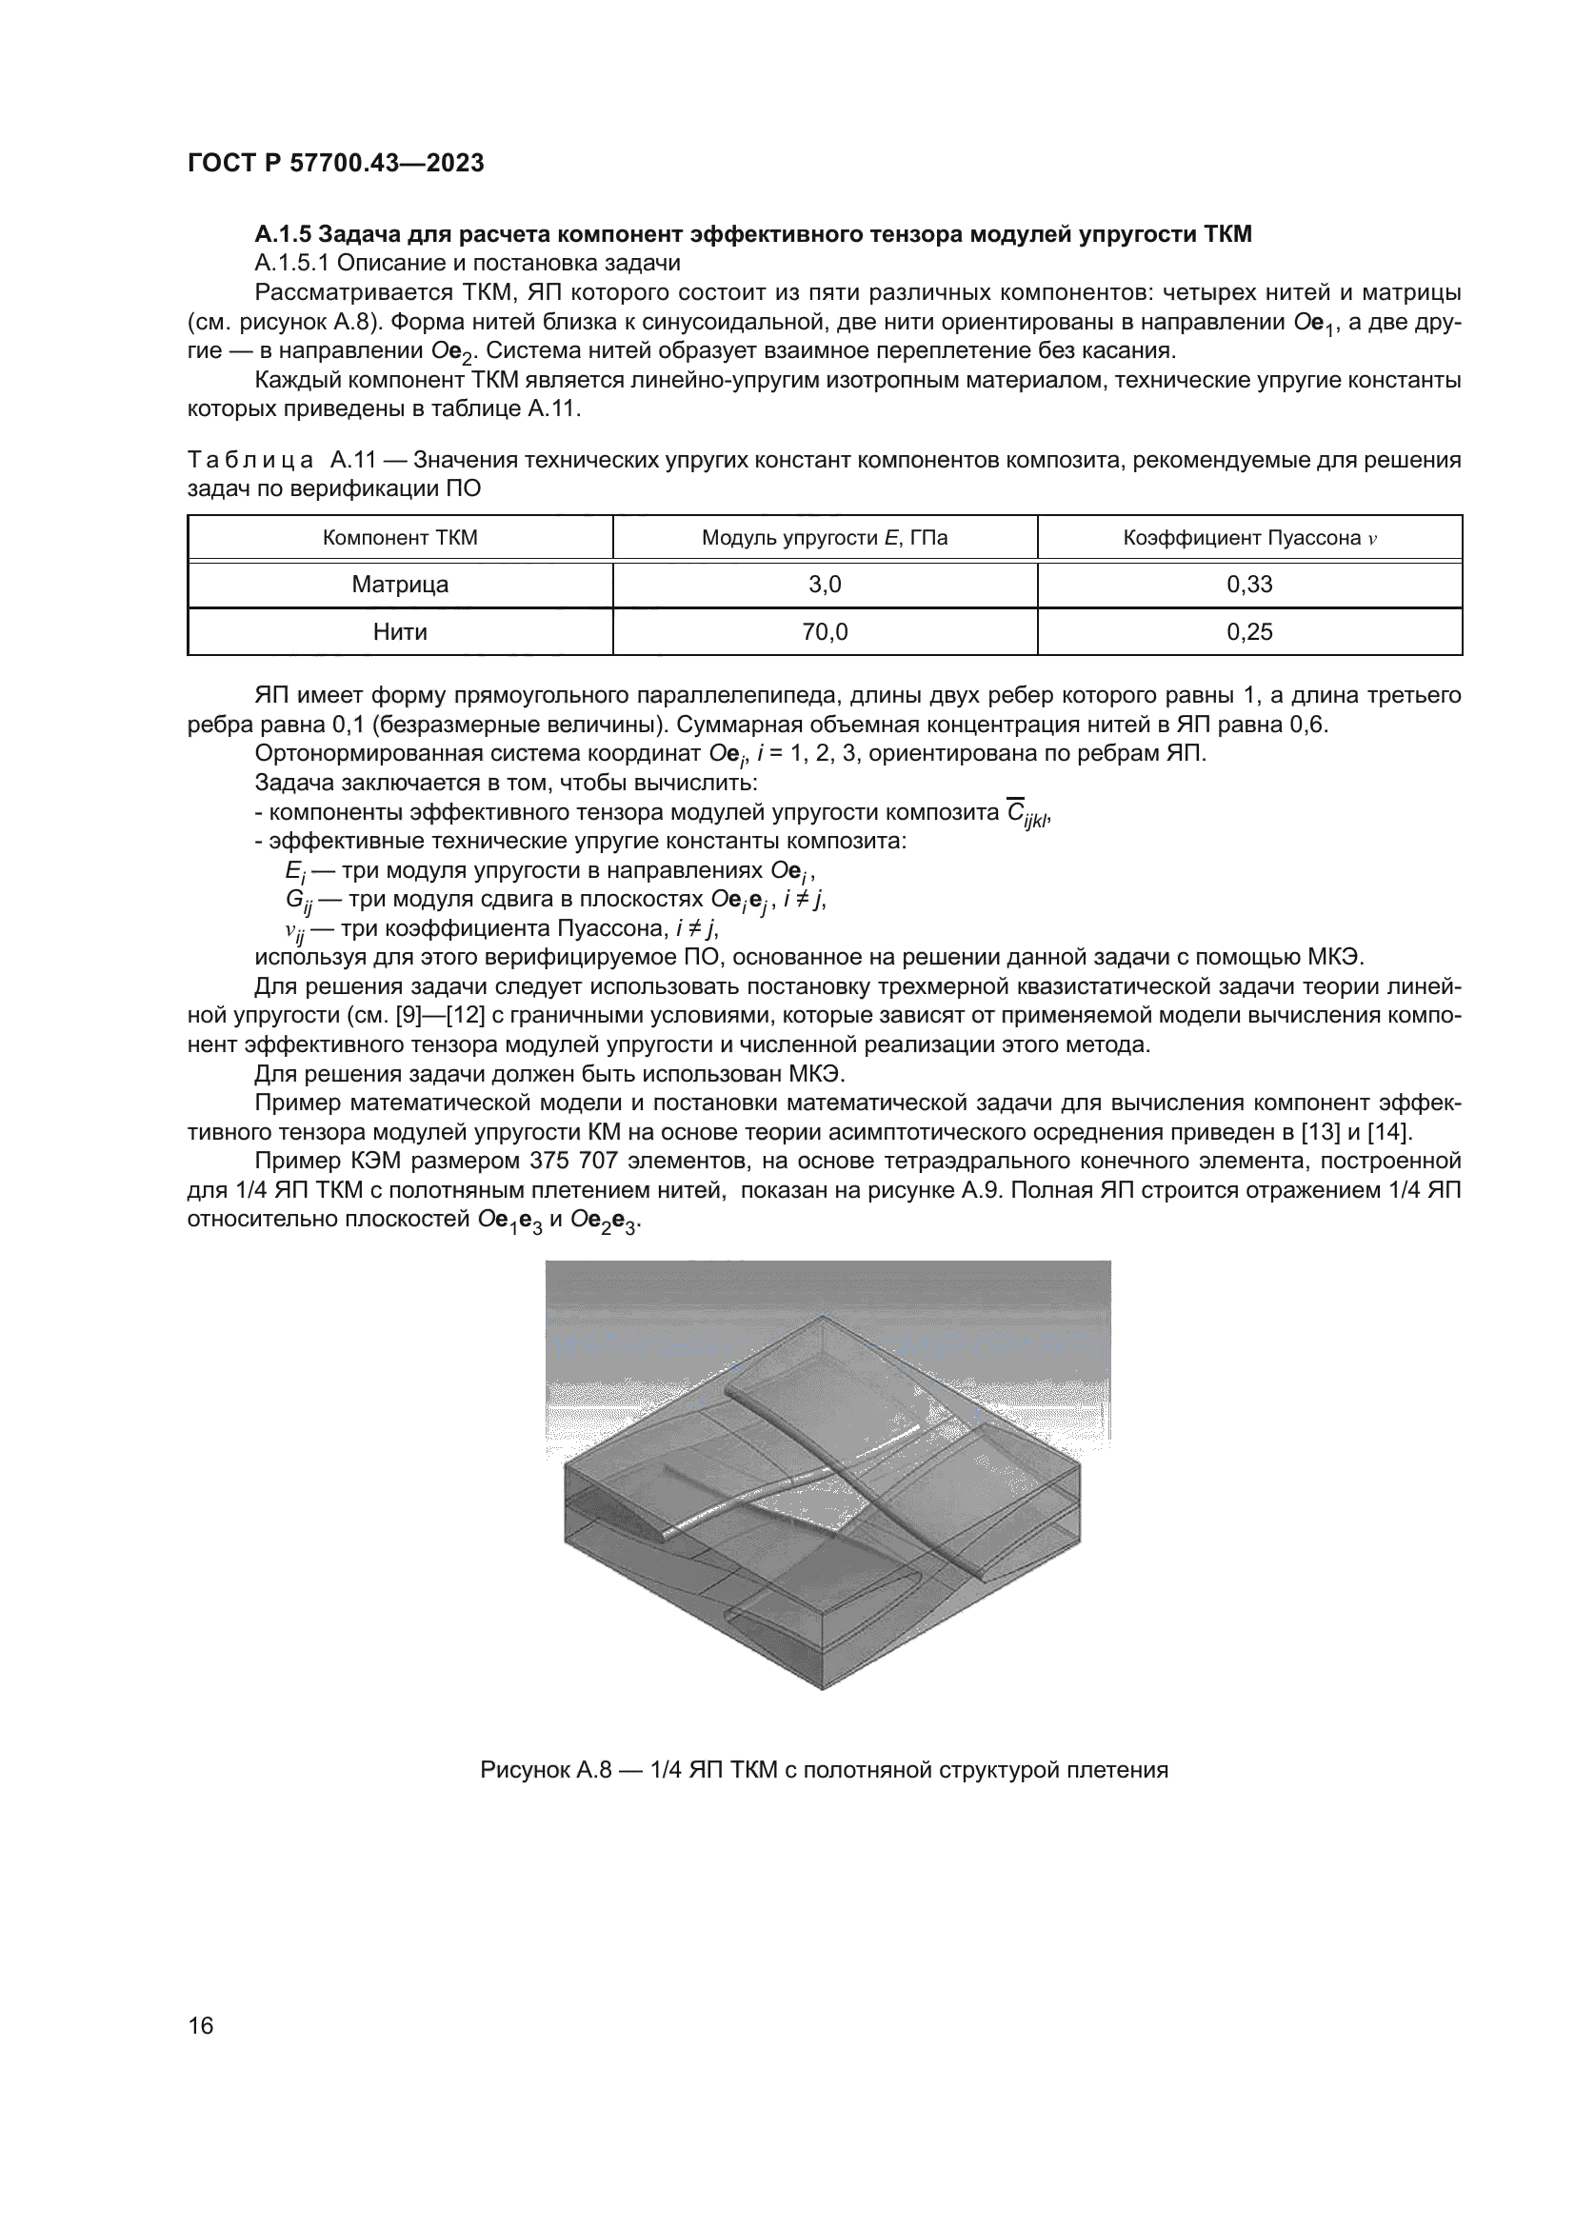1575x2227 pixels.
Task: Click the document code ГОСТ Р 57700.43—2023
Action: coord(335,163)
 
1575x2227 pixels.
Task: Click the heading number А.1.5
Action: coord(282,234)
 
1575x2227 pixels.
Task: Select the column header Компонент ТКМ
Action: coord(400,537)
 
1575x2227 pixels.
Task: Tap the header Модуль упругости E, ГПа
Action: coord(825,537)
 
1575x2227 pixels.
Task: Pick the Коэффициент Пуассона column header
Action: coord(1249,537)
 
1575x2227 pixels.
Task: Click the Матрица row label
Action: coord(400,585)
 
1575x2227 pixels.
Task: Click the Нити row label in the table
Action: coord(400,632)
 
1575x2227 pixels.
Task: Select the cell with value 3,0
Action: coord(825,585)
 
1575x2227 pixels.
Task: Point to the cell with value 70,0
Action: coord(825,632)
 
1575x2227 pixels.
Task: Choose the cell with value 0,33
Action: coord(1249,585)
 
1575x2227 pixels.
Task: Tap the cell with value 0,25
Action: coord(1249,632)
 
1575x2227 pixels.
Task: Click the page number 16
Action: coord(201,2025)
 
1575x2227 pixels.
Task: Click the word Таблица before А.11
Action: coord(250,460)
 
